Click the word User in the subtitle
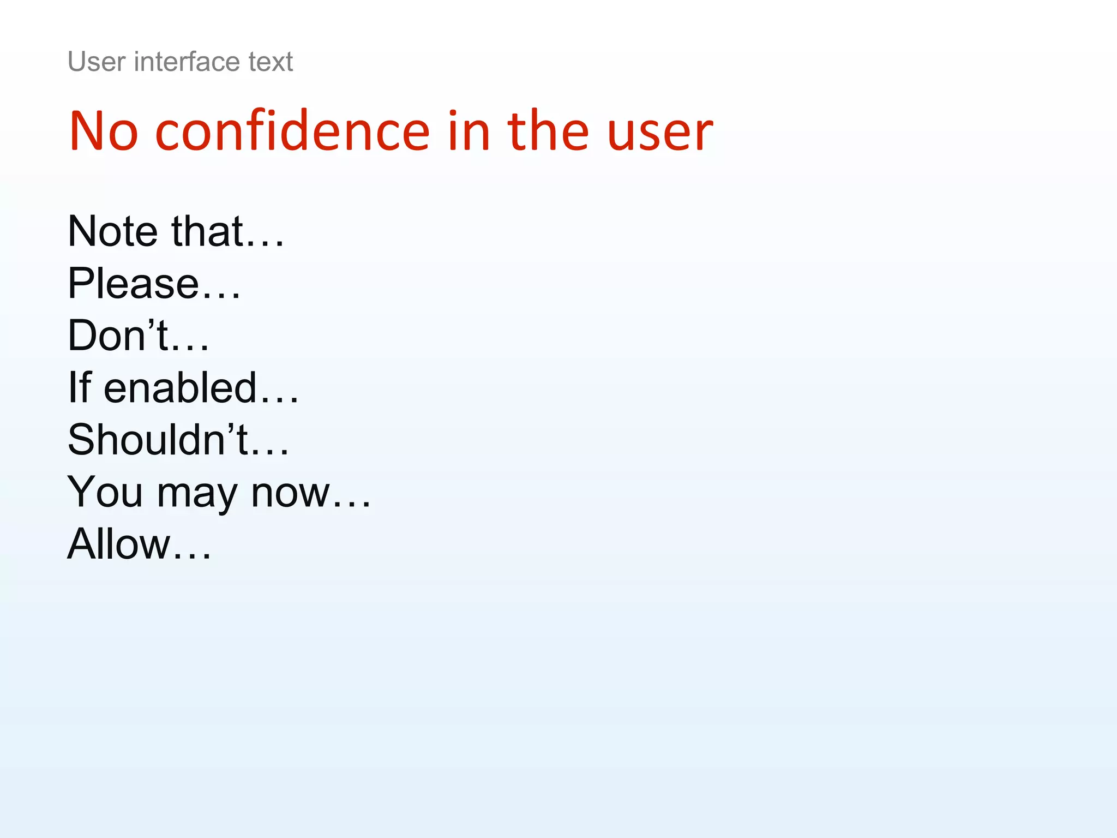[97, 62]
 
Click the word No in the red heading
[104, 131]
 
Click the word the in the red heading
[548, 131]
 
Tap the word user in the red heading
[660, 131]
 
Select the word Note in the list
[113, 231]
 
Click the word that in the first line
[207, 231]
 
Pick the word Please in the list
[133, 284]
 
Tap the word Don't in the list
[118, 335]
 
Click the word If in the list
[79, 387]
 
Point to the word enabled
[180, 387]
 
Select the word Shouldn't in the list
[158, 440]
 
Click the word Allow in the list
[119, 544]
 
